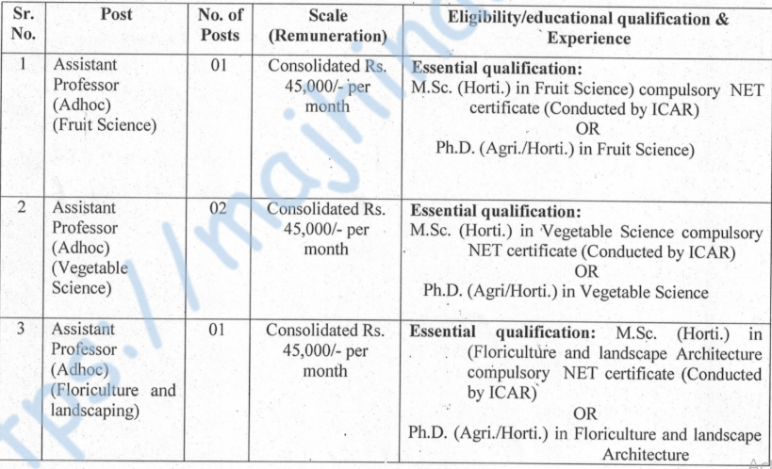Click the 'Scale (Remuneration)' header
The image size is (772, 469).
323,26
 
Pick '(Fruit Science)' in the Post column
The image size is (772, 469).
105,124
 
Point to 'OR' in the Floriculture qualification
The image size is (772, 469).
585,412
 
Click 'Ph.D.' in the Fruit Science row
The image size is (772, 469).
454,149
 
